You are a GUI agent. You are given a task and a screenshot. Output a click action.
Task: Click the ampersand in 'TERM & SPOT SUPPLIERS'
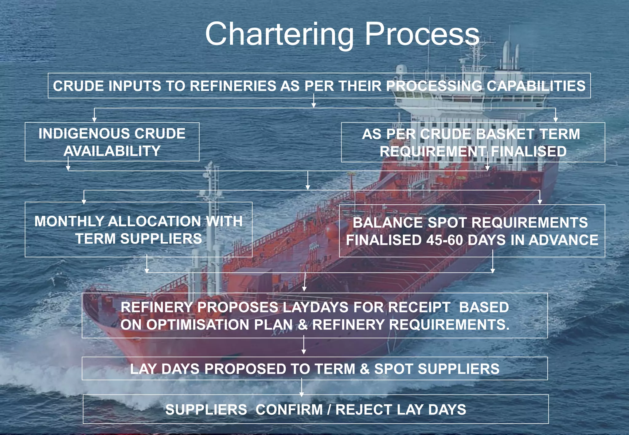tap(365, 369)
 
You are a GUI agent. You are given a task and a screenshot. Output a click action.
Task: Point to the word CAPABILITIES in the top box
tap(536, 86)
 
